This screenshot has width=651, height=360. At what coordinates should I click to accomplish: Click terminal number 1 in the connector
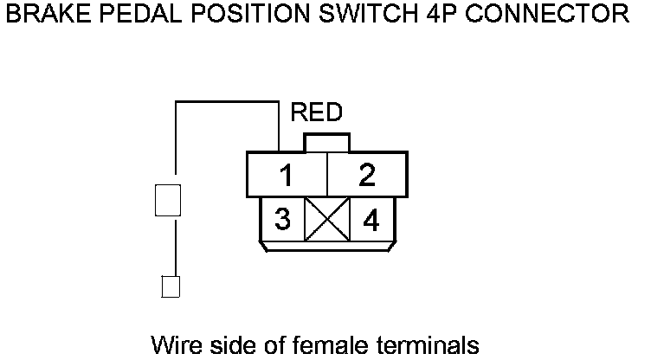click(x=285, y=176)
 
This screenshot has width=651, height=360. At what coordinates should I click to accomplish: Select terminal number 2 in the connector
click(x=367, y=176)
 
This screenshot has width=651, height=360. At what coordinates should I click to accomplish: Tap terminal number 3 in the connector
click(x=282, y=220)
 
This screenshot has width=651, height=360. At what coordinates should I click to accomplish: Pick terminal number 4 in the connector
click(x=371, y=221)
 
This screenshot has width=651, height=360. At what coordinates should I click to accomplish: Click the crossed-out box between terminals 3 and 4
click(x=326, y=220)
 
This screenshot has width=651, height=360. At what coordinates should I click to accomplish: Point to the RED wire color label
click(x=317, y=112)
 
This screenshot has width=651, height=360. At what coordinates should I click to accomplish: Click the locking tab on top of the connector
click(x=325, y=143)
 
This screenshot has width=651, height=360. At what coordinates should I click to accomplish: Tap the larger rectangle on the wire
click(x=167, y=200)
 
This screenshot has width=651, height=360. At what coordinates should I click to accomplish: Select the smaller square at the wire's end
click(x=171, y=286)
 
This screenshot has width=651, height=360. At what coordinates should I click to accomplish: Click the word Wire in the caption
click(x=174, y=344)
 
